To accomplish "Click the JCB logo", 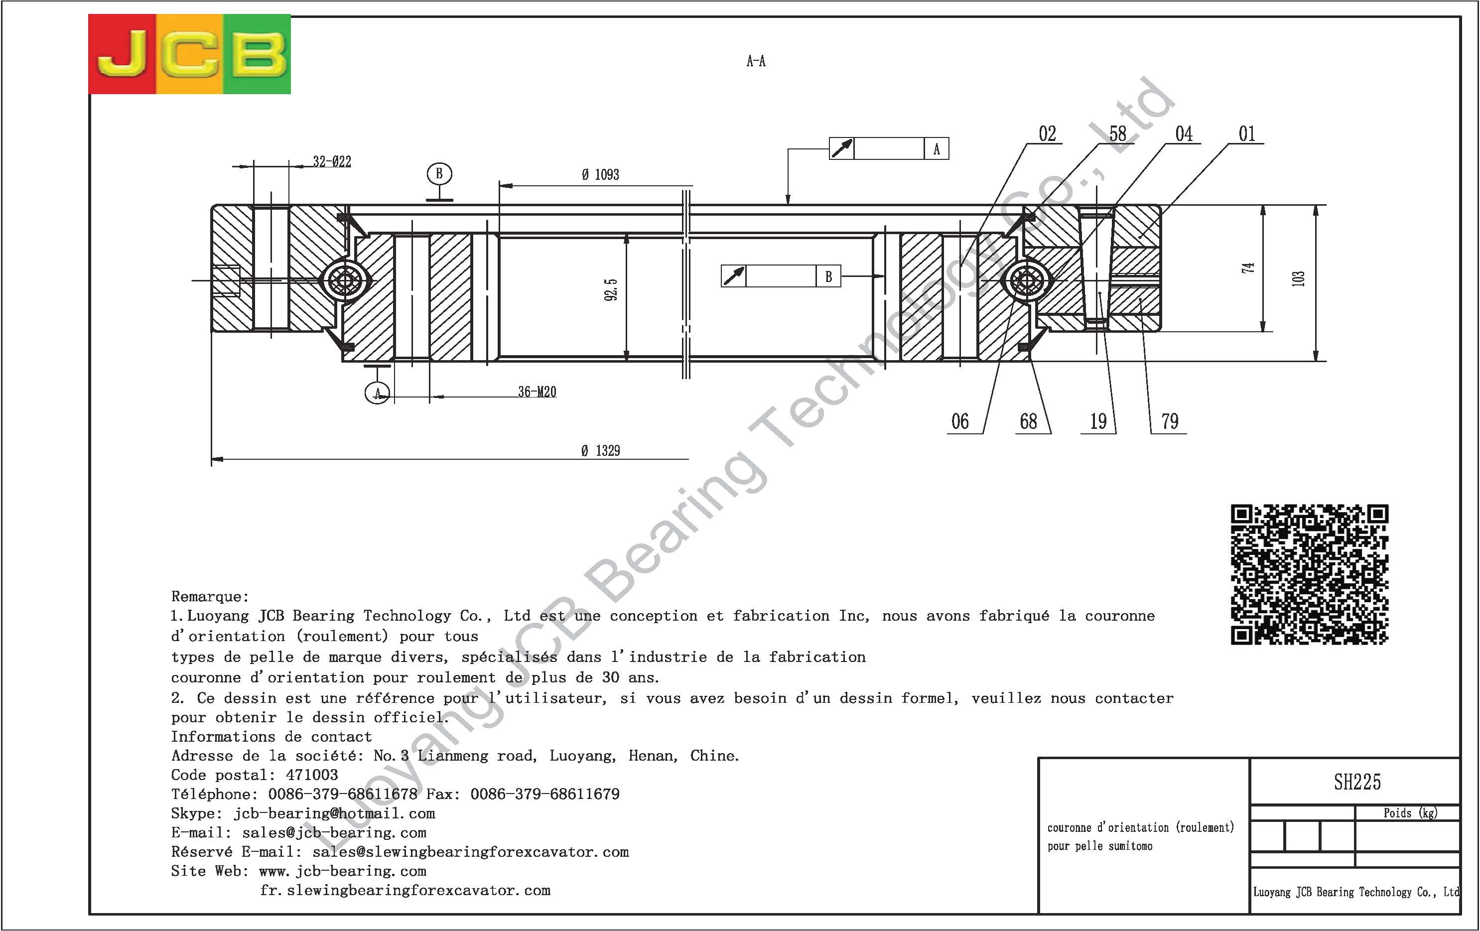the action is (189, 54).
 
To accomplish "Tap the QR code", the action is (1309, 574).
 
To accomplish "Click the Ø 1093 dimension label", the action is (600, 174).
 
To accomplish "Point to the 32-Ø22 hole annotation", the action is (332, 161).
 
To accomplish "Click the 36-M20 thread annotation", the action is (537, 392).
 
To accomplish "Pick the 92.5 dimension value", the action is (611, 289).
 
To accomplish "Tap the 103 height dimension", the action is (1298, 278).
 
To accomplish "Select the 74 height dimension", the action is (1248, 267).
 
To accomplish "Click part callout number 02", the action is (1047, 133).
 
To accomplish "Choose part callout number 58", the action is (1118, 133).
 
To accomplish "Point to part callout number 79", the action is (1170, 421).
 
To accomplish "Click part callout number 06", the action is (960, 421).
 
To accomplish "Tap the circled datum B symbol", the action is (439, 174).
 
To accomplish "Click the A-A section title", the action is (756, 61).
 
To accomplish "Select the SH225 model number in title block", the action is (1357, 782).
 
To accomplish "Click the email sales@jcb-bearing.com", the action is (334, 833).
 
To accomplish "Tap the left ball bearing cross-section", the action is (345, 281).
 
